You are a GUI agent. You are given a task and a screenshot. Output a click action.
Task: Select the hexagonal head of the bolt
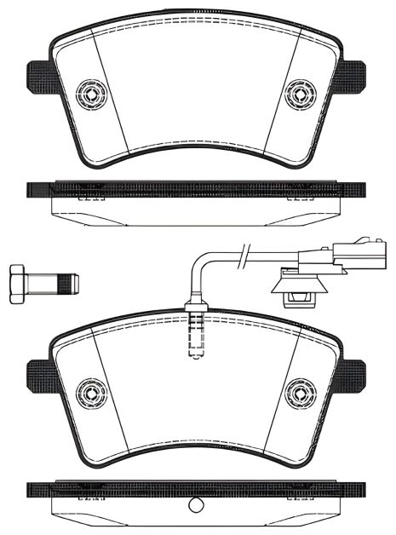[18, 283]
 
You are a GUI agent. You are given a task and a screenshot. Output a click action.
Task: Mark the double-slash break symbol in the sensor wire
[244, 252]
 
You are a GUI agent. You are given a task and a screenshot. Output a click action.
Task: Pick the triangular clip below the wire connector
[297, 290]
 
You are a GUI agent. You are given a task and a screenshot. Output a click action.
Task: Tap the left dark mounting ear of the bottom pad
[39, 377]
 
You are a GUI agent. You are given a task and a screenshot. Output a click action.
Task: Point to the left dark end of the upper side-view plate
[39, 188]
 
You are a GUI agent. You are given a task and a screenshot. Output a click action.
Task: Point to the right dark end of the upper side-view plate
[353, 188]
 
